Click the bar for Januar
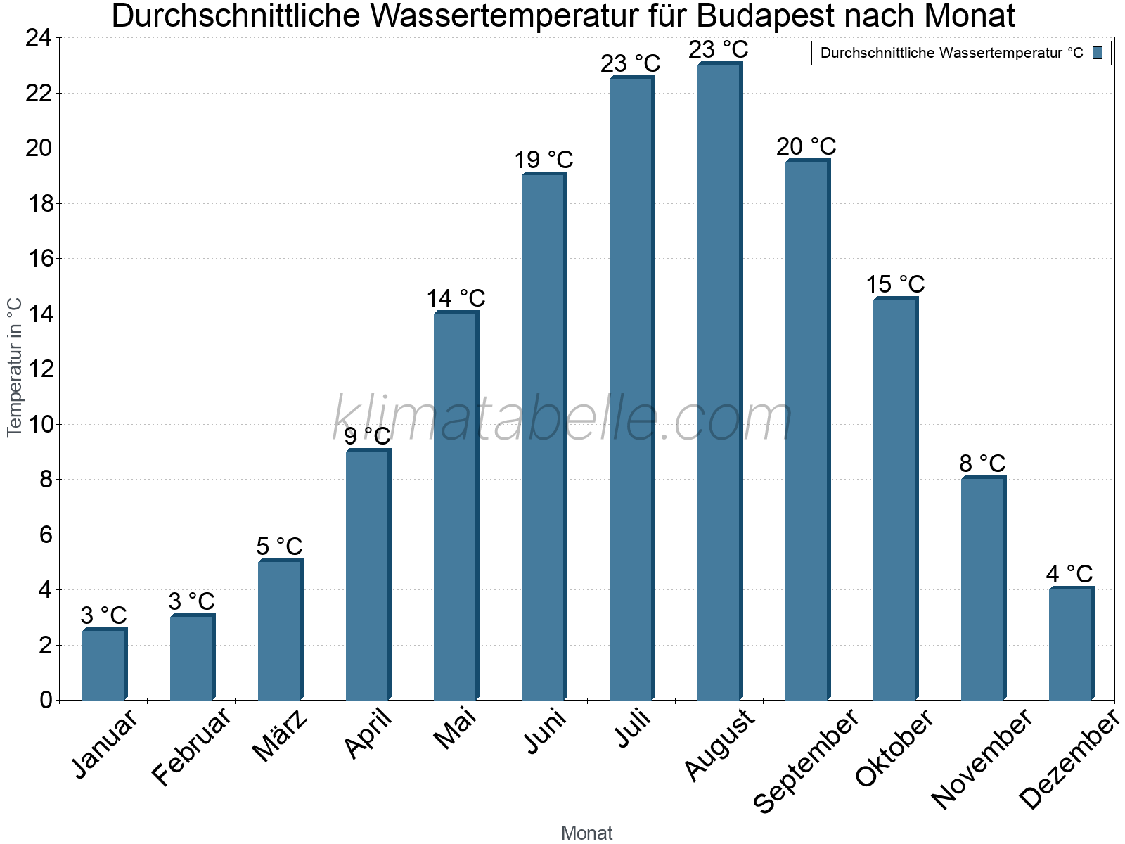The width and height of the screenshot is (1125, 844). (x=104, y=664)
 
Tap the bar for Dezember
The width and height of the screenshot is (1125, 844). (x=1071, y=644)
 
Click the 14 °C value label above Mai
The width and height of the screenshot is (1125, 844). (x=456, y=298)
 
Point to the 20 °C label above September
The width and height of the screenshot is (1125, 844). (x=806, y=146)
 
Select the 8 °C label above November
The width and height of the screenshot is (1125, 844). (x=982, y=463)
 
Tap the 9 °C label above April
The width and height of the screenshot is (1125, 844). (x=367, y=436)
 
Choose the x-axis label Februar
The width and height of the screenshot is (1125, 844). (x=191, y=746)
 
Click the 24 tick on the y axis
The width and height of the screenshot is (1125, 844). (x=39, y=38)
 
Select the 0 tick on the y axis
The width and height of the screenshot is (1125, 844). (x=46, y=700)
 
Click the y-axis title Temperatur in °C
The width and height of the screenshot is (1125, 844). (x=15, y=367)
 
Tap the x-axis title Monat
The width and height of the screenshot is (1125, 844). (x=586, y=833)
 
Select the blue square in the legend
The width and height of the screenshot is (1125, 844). (x=1098, y=53)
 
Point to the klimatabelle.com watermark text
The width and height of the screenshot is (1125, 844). (x=562, y=418)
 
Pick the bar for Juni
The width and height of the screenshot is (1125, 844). (x=544, y=436)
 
